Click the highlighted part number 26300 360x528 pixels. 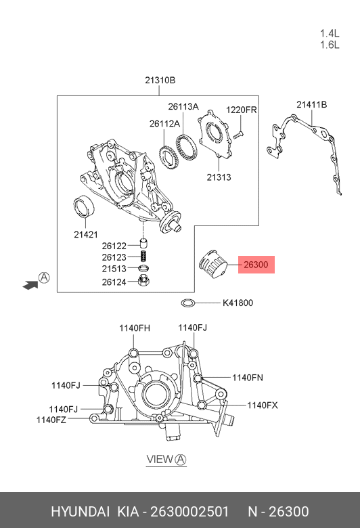click(x=256, y=265)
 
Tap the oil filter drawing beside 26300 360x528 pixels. click(x=212, y=264)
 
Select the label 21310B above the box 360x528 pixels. click(x=160, y=81)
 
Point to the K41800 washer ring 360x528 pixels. click(x=188, y=303)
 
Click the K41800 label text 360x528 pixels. click(x=238, y=303)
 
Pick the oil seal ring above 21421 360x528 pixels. click(x=84, y=206)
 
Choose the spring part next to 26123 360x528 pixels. click(x=144, y=257)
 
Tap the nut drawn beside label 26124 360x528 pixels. click(x=144, y=280)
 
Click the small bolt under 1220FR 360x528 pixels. click(x=238, y=135)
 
